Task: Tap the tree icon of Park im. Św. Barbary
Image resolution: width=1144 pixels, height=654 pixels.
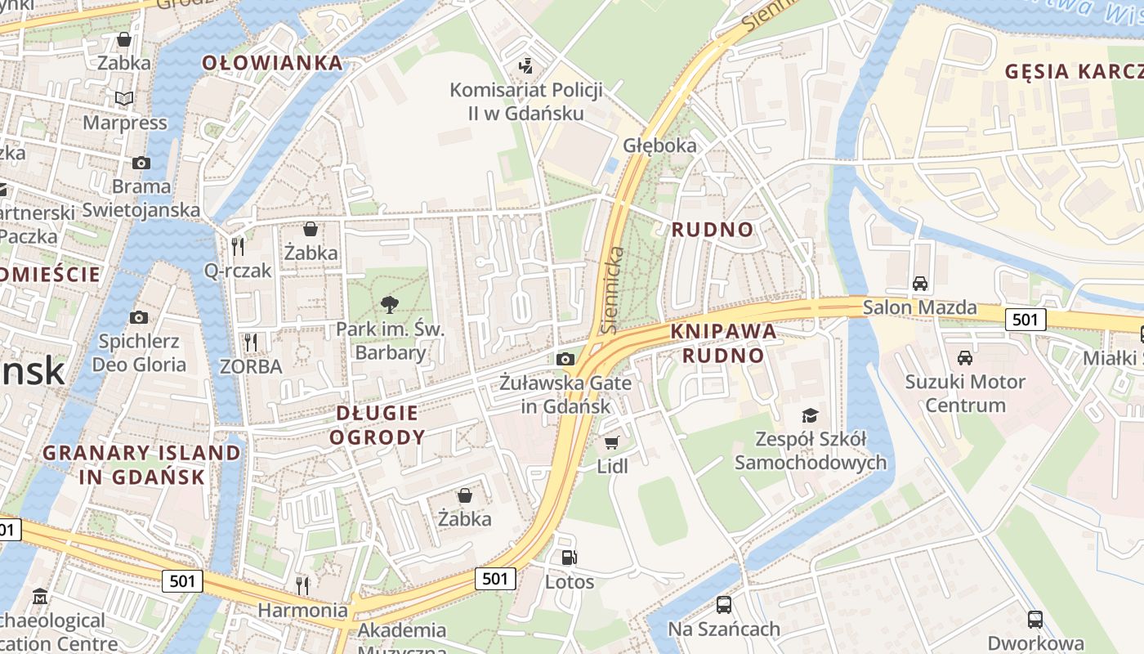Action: click(390, 305)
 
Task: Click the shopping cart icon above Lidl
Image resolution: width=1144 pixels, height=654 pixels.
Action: click(611, 442)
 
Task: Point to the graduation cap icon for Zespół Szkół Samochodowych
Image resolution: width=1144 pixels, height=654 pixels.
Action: click(810, 415)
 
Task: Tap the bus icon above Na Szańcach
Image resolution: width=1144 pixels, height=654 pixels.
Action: click(723, 605)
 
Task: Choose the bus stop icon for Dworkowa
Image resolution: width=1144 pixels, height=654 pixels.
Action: click(1035, 619)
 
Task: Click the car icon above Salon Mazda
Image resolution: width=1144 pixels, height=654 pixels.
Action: click(920, 284)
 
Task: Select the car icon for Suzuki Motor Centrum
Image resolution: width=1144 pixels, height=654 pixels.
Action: click(964, 358)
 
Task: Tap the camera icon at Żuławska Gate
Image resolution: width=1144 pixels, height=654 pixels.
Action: click(565, 359)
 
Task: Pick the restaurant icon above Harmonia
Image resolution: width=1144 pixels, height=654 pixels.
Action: click(302, 585)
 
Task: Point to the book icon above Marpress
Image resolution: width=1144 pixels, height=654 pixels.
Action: click(124, 99)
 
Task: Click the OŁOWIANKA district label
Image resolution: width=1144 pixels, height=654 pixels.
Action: click(272, 63)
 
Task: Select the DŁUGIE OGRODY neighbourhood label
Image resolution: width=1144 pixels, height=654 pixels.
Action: click(377, 425)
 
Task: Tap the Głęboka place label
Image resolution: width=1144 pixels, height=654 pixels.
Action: click(659, 146)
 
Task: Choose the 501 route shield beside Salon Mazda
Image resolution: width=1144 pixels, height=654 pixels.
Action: click(1025, 320)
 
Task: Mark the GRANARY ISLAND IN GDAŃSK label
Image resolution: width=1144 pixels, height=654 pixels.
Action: click(142, 464)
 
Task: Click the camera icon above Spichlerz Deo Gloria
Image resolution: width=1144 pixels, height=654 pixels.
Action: click(139, 317)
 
